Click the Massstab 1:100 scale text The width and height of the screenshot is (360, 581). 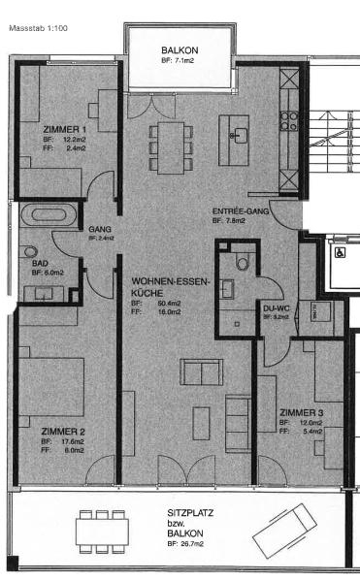click(38, 29)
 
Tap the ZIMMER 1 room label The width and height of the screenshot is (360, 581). click(66, 129)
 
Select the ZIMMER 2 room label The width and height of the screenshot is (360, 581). click(64, 431)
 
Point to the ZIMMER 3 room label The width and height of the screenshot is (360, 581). click(301, 412)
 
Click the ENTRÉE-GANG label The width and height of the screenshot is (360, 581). click(239, 210)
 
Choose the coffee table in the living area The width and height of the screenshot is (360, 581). click(201, 422)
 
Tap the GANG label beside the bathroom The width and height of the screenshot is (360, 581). click(100, 229)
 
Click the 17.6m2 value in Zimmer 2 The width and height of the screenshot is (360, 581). click(74, 441)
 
